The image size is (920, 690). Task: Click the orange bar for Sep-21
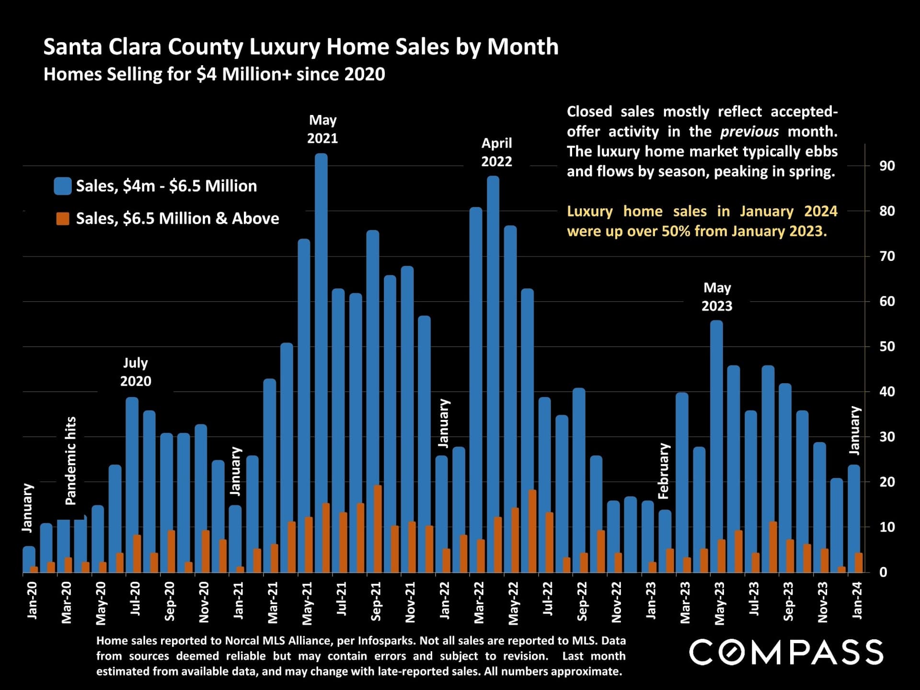pos(378,529)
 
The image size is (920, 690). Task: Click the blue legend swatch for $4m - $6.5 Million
pos(63,186)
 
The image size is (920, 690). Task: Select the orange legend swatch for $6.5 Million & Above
pos(63,218)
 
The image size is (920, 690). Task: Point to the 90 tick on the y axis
pos(887,166)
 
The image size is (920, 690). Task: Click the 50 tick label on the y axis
pos(887,346)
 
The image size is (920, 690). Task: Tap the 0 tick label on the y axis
pos(884,572)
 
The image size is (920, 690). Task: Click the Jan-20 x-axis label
pos(32,600)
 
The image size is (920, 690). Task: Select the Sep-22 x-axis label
pos(582,601)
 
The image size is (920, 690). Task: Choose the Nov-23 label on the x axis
pos(823,602)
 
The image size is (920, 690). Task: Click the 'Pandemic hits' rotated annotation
pos(70,461)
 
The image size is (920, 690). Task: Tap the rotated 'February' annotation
pos(664,471)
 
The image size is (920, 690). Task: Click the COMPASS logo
pos(786,652)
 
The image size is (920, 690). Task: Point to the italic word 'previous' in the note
pos(749,132)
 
